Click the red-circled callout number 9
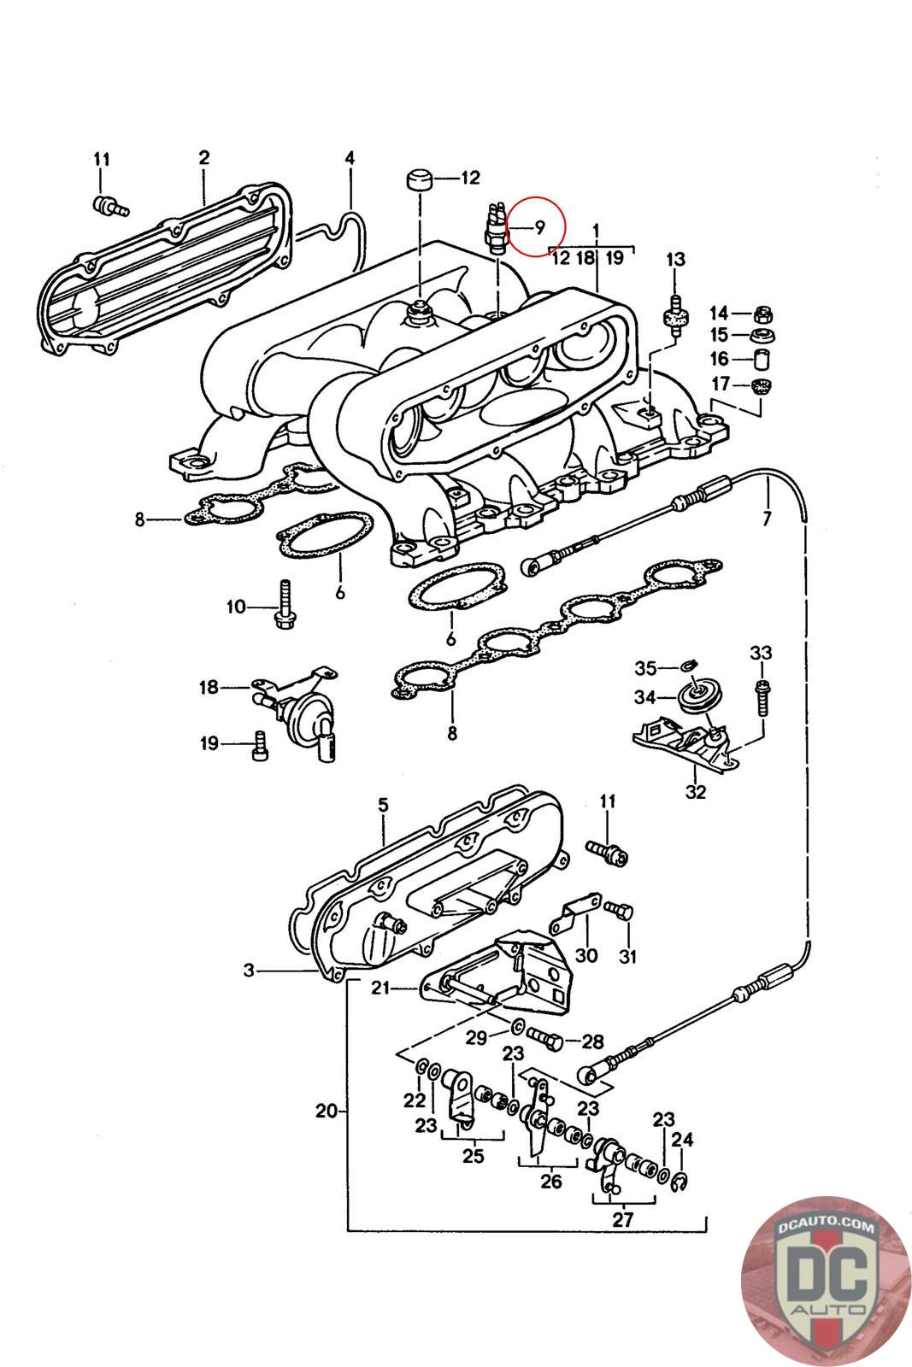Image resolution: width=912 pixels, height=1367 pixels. point(539,227)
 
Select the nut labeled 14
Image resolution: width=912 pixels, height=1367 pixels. point(762,314)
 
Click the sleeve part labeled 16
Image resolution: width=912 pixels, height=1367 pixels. point(762,359)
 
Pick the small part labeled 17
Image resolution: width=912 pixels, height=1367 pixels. point(760,385)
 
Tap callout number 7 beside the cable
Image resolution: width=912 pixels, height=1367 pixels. point(768,518)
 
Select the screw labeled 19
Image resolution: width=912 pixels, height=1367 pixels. point(260,745)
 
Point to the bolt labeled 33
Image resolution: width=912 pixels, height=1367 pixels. point(763,695)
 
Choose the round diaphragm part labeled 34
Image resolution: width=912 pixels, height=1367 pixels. point(699,697)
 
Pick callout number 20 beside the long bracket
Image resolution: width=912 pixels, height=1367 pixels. point(326,1111)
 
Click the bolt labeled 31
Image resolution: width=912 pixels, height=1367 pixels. point(619,912)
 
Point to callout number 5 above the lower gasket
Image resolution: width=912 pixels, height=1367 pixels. point(383,806)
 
